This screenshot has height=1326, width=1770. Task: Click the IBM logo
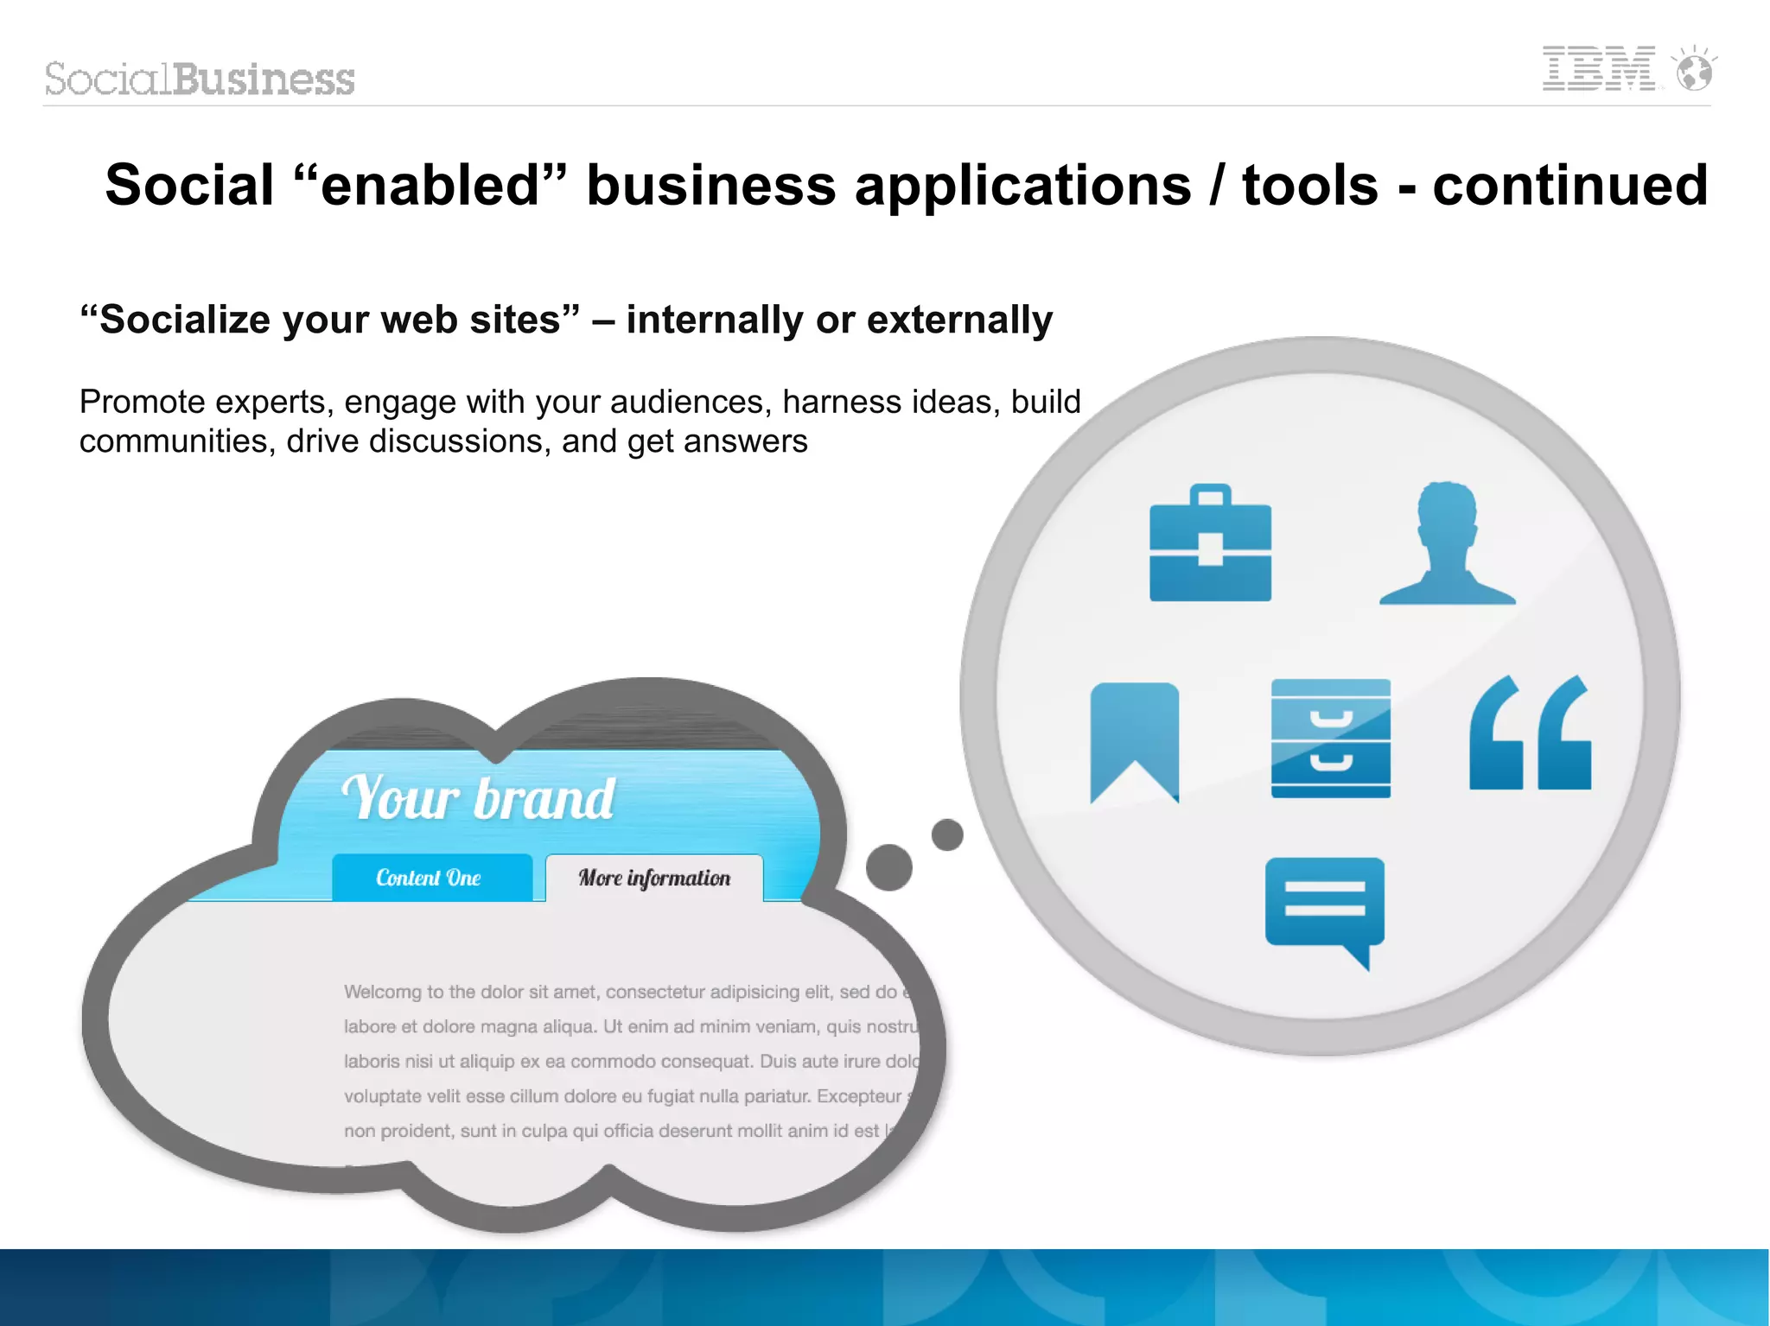click(1599, 69)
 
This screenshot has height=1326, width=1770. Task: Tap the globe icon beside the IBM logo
click(1694, 71)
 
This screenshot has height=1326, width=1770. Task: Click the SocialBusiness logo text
click(200, 79)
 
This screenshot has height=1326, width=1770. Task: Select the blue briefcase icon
click(1210, 544)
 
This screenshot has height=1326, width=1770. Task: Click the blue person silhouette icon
click(1448, 544)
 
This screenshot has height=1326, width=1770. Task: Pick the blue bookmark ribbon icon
click(1134, 739)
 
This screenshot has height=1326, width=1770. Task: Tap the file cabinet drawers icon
click(1330, 739)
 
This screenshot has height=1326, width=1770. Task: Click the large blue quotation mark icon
click(1530, 734)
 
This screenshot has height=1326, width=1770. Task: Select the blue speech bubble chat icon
click(1324, 907)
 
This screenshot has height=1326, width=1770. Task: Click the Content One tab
click(430, 878)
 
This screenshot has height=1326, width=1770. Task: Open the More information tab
click(654, 878)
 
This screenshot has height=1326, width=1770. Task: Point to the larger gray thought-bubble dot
click(888, 866)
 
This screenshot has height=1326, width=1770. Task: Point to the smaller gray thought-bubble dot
click(947, 834)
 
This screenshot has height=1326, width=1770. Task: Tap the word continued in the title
click(1569, 185)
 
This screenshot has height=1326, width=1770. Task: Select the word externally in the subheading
click(959, 320)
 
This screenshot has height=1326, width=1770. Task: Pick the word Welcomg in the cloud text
click(382, 992)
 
